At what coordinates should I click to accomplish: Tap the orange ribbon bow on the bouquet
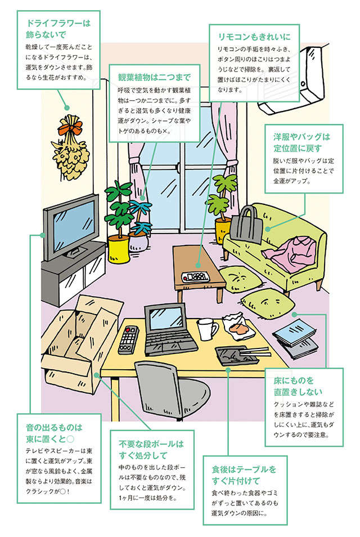coord(68,130)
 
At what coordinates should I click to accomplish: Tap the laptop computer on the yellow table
coord(169,329)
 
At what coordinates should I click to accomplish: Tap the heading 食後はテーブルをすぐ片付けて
coord(244,475)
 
